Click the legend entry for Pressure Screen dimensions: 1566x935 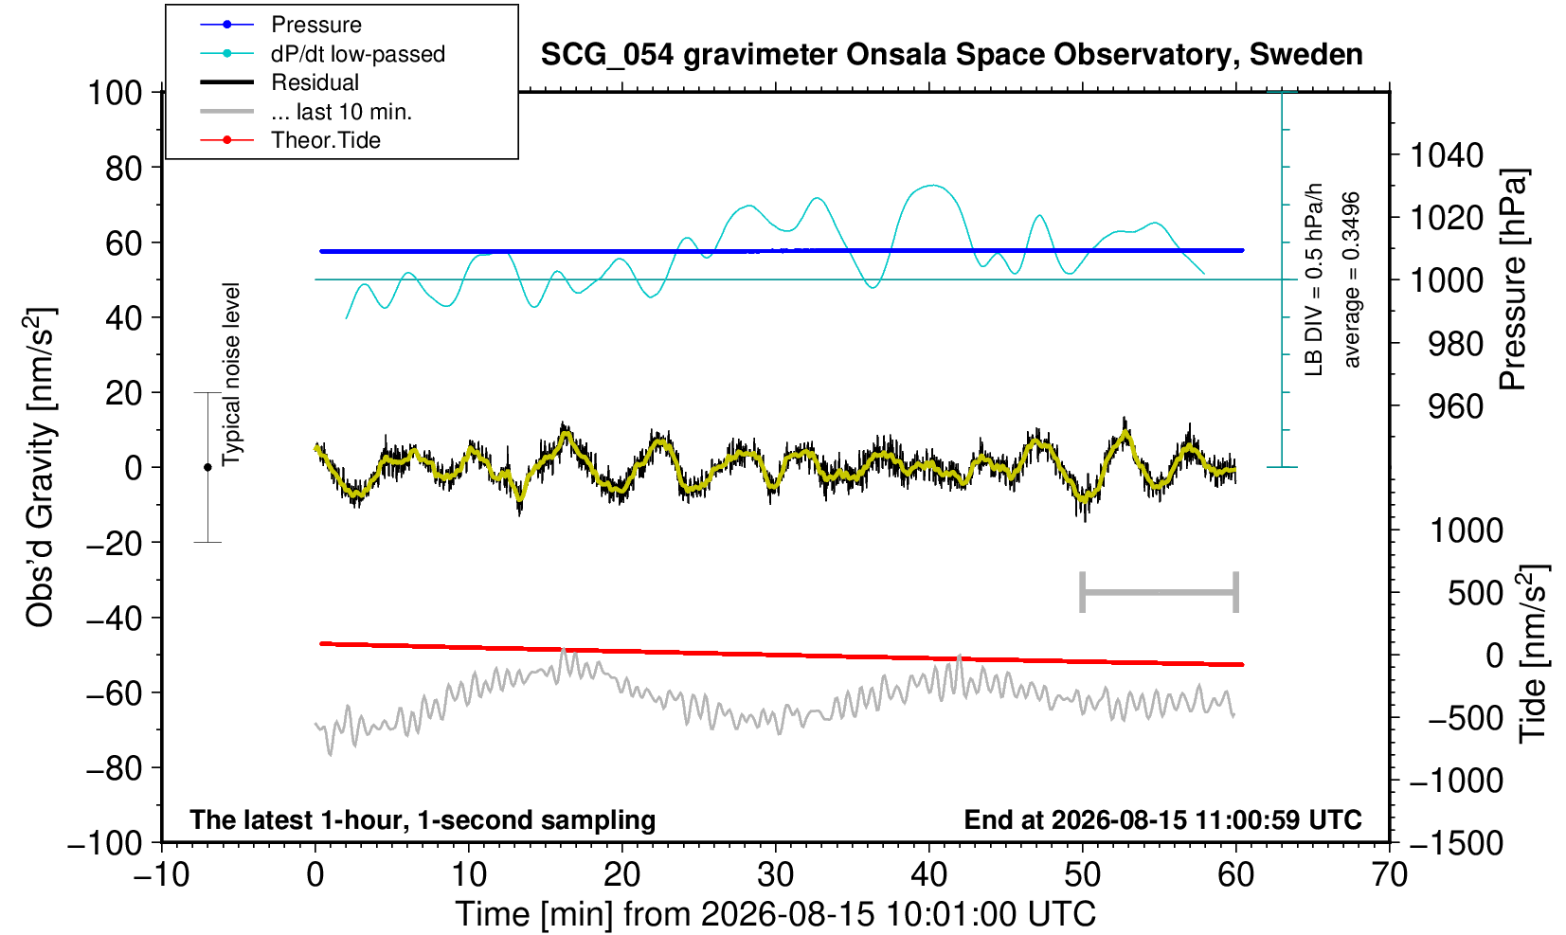click(x=281, y=25)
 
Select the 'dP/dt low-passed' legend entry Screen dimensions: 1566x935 click(x=322, y=54)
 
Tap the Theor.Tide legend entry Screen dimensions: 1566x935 click(x=290, y=140)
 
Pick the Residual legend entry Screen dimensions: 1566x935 click(x=279, y=82)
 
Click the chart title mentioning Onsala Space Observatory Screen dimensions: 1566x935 click(x=951, y=55)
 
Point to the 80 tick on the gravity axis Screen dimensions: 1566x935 click(x=124, y=169)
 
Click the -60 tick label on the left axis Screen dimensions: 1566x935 click(x=115, y=693)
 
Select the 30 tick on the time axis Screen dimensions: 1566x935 click(x=775, y=874)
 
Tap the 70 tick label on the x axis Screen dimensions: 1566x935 click(x=1389, y=874)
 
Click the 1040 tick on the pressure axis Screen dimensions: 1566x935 click(x=1447, y=155)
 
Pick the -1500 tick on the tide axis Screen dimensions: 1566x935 click(x=1456, y=843)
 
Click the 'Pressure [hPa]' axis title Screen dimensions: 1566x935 click(x=1514, y=279)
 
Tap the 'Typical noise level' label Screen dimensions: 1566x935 click(x=231, y=375)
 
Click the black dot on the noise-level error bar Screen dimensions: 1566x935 click(x=207, y=467)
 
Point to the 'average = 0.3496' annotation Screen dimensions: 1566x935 click(x=1352, y=279)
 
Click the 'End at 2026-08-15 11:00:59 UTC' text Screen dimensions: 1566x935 click(x=1162, y=819)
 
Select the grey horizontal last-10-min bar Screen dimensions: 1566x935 click(x=1160, y=592)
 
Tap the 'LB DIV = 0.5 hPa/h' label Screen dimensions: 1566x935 click(x=1314, y=279)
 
